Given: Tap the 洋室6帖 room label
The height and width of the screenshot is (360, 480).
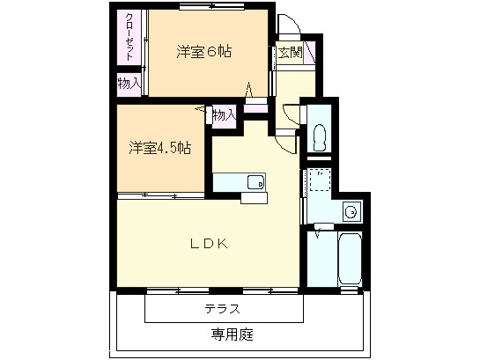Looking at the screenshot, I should (x=203, y=52).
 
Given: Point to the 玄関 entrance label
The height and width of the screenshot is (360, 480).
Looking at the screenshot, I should (x=291, y=52).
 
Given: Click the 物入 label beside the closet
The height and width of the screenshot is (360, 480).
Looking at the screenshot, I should (x=129, y=84).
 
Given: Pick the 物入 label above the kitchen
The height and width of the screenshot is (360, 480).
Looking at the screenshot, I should (x=224, y=114).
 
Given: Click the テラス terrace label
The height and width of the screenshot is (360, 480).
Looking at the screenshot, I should (x=223, y=308).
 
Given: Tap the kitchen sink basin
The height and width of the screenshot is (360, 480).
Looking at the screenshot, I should (x=255, y=183).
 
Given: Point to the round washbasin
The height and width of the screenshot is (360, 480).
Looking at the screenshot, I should (x=351, y=211).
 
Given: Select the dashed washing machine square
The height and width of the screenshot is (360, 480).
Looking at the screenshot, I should (x=319, y=181).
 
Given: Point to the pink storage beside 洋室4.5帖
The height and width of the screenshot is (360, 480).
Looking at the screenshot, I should (x=224, y=115).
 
